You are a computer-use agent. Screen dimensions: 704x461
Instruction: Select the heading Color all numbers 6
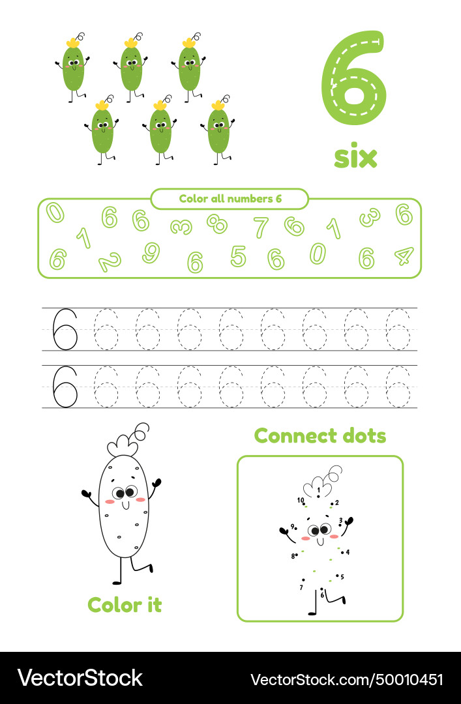tap(230, 199)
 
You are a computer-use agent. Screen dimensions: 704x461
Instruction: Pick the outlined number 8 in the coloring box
tap(217, 224)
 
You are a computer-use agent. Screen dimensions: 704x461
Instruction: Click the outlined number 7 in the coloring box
tap(261, 227)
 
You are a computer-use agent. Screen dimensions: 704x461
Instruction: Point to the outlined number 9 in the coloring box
tap(151, 252)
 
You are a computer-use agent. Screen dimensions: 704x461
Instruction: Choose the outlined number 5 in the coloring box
tap(238, 256)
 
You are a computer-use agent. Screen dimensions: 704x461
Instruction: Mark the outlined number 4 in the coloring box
tap(404, 256)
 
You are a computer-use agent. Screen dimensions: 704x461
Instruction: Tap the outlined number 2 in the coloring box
tap(109, 262)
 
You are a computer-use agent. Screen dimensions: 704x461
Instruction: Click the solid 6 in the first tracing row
tap(65, 329)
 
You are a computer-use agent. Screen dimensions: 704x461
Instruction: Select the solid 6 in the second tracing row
tap(65, 386)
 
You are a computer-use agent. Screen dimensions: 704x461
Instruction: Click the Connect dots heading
tap(320, 435)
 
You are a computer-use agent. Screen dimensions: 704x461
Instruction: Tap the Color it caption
tap(125, 604)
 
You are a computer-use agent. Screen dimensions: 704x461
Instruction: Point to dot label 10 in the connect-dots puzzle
tap(301, 501)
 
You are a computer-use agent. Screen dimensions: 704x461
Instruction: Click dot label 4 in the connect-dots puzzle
tap(348, 552)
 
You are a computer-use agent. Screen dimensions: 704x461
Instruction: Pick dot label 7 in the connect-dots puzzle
tap(301, 587)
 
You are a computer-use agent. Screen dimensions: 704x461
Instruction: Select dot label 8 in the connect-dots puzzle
tap(293, 556)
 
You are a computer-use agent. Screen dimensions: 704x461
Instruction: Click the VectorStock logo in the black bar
tap(80, 678)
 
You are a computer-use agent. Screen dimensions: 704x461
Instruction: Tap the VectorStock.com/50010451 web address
tap(347, 679)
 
